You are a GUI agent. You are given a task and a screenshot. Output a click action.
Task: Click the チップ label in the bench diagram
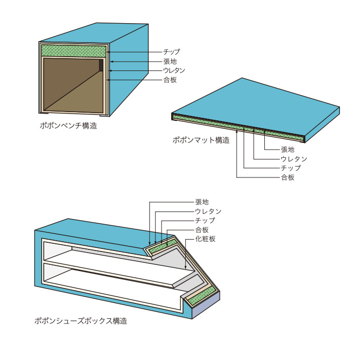tap(172, 52)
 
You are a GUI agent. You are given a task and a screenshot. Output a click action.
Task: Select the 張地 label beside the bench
tap(170, 61)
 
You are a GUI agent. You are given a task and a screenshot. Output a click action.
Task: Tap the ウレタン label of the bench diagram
tap(174, 70)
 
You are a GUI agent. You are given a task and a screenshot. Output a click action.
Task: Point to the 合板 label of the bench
tap(170, 80)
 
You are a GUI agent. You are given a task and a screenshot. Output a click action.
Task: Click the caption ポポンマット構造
tap(201, 140)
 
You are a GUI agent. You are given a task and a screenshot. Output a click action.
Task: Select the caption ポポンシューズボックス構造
tap(81, 321)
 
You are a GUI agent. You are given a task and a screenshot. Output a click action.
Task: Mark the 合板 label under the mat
tap(288, 177)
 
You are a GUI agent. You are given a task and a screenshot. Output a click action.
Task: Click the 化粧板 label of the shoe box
tap(205, 239)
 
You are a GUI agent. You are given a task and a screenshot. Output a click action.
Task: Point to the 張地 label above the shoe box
tap(202, 202)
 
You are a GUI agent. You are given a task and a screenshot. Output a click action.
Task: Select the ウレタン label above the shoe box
tap(208, 211)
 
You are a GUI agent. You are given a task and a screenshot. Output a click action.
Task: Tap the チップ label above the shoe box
tap(205, 221)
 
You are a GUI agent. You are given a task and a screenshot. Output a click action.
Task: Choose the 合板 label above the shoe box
tap(202, 230)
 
